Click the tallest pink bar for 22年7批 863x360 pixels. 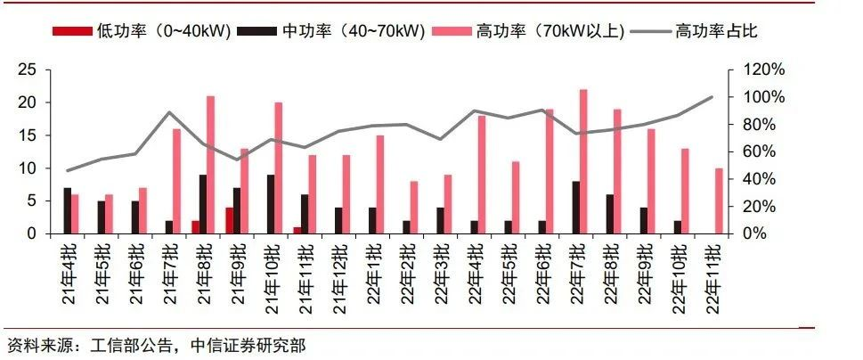[x=583, y=161]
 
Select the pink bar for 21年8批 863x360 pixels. [x=211, y=165]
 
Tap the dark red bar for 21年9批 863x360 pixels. [x=229, y=220]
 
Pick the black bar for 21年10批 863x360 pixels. [x=271, y=204]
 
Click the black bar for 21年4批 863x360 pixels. [x=67, y=210]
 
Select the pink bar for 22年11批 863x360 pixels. [x=719, y=200]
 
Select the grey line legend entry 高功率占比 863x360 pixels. [x=695, y=30]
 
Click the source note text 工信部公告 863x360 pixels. [x=122, y=344]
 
